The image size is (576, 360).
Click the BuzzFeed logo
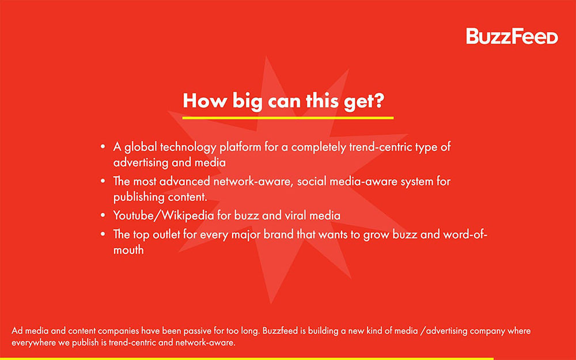click(x=512, y=36)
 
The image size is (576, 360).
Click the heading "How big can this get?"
click(x=284, y=100)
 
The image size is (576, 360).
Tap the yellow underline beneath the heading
click(x=287, y=118)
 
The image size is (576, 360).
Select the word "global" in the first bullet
click(x=139, y=147)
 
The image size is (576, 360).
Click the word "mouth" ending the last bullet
click(x=128, y=250)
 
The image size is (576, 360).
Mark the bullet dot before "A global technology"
click(x=103, y=147)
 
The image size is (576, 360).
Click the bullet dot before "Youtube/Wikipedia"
click(x=103, y=216)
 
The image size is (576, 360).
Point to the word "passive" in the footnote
click(x=216, y=331)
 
